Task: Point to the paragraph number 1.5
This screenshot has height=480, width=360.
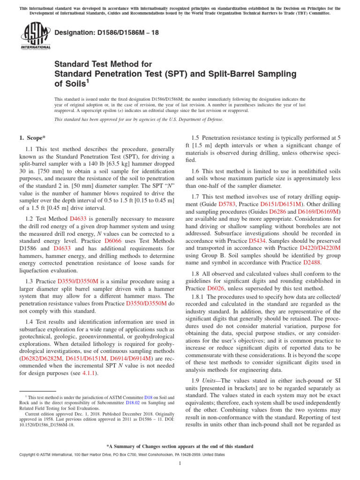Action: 196,138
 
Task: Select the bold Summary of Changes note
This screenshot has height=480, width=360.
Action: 180,445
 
